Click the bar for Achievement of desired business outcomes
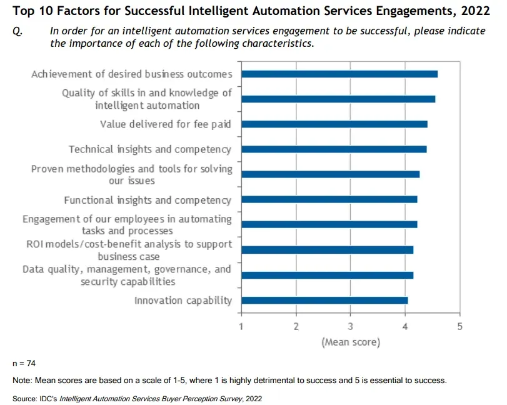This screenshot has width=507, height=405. click(339, 74)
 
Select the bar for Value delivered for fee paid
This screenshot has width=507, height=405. click(334, 124)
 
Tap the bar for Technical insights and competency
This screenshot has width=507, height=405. click(334, 149)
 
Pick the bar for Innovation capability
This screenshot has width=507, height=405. click(324, 300)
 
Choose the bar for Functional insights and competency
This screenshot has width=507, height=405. click(329, 199)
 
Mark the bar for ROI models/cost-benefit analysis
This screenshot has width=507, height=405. click(327, 249)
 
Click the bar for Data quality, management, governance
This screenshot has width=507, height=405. click(327, 275)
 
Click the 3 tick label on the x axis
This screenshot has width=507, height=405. click(350, 326)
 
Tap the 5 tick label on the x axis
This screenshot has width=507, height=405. click(459, 326)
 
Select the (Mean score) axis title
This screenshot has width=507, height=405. click(350, 342)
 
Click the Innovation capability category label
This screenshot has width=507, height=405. click(183, 301)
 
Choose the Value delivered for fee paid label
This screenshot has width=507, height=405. click(165, 124)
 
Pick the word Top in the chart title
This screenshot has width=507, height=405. click(23, 11)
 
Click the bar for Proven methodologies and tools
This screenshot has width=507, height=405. click(331, 174)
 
